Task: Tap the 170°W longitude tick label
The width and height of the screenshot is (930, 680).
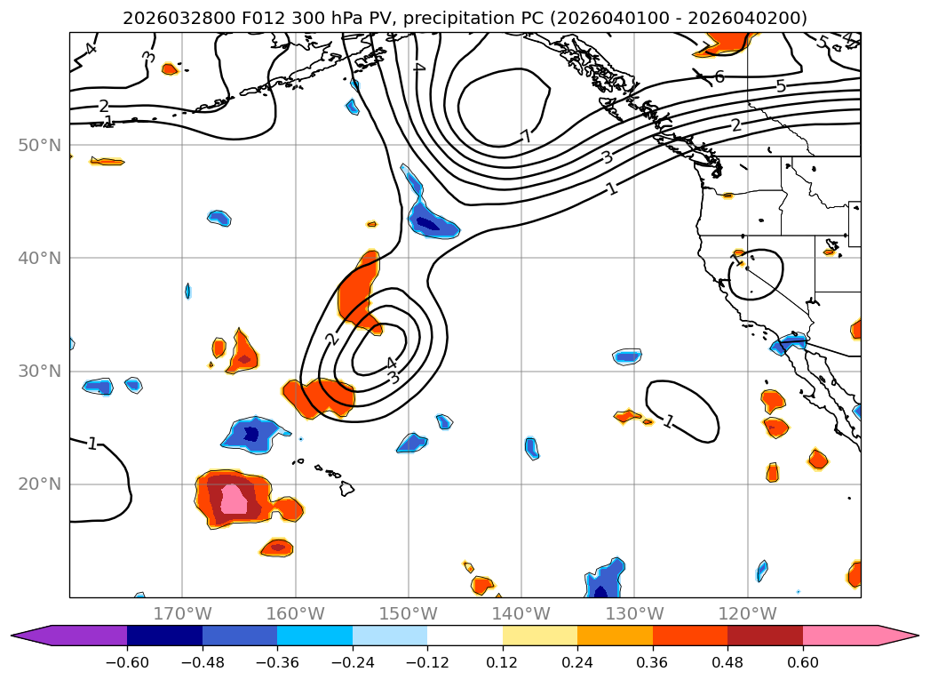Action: (x=182, y=613)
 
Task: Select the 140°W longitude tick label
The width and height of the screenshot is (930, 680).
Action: (x=521, y=613)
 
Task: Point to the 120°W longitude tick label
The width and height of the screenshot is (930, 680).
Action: (x=748, y=613)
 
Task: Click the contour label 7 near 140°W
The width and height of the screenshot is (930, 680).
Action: (x=526, y=136)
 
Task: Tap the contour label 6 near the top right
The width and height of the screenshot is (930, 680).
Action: (x=719, y=76)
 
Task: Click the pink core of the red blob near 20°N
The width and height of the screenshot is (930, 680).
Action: (x=234, y=499)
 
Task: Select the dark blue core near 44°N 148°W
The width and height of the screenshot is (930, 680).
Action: (x=428, y=222)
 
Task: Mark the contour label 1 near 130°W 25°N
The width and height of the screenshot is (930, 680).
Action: (x=669, y=421)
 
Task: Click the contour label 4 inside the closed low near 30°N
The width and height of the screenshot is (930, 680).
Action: (x=391, y=364)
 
